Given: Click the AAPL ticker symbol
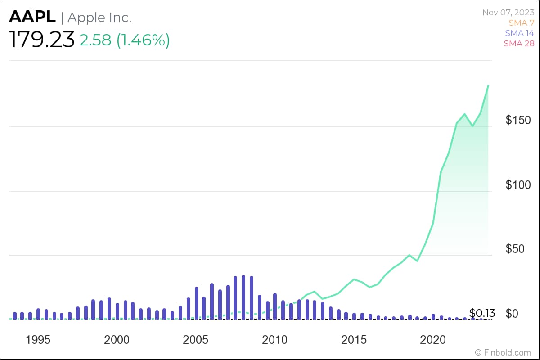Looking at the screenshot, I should (x=32, y=17).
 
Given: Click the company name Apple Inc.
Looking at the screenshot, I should (x=99, y=18).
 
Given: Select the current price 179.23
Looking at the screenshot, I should (x=42, y=40).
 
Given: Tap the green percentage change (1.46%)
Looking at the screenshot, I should (x=143, y=40).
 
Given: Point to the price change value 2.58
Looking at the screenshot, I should (x=95, y=40).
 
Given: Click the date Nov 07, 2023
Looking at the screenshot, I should (x=508, y=12).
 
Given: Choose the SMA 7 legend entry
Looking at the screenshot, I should (x=521, y=22).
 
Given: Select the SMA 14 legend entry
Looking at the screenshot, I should (x=519, y=33).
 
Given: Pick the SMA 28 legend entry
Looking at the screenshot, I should (x=519, y=43).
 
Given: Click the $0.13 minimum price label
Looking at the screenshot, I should (x=482, y=313).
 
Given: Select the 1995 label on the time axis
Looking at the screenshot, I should (x=38, y=339).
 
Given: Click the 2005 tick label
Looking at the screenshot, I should (x=196, y=339).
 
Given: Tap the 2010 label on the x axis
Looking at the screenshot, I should (x=275, y=339).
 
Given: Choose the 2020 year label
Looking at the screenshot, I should (x=432, y=339).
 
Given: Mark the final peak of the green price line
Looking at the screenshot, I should (x=488, y=85).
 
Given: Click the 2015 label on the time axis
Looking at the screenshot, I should (x=354, y=339).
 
